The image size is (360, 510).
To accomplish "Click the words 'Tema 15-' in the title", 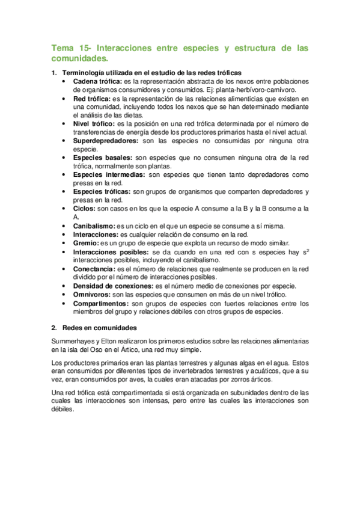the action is coord(71,48).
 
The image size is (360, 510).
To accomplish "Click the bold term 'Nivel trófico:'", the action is coord(94,123).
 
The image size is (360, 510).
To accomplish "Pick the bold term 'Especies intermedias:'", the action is coord(108,174).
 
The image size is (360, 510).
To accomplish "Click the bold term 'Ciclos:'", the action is coord(84,208).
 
